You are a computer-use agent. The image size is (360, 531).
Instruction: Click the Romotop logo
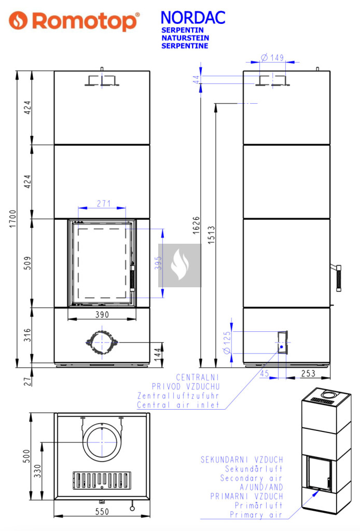pyautogui.click(x=74, y=21)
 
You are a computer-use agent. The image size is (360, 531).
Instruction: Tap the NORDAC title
pyautogui.click(x=193, y=18)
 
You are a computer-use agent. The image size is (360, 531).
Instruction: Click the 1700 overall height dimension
pyautogui.click(x=12, y=219)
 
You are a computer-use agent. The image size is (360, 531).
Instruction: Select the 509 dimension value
pyautogui.click(x=27, y=263)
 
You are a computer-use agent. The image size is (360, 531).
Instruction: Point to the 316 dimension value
pyautogui.click(x=27, y=335)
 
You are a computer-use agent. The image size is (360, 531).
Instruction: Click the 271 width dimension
pyautogui.click(x=104, y=203)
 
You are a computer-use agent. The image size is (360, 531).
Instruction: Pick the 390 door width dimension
pyautogui.click(x=102, y=315)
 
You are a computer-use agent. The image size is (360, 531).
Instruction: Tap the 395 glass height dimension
pyautogui.click(x=159, y=263)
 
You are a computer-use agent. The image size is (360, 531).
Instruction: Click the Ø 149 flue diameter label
pyautogui.click(x=273, y=57)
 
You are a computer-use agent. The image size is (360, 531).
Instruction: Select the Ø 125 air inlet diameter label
pyautogui.click(x=227, y=343)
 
